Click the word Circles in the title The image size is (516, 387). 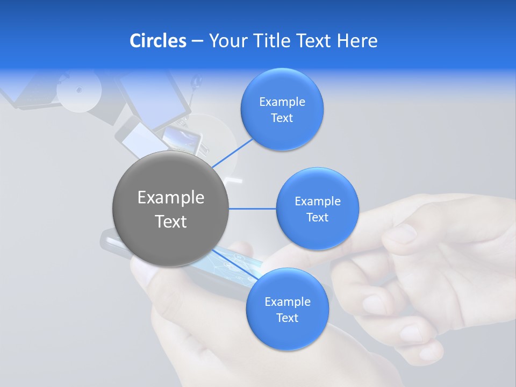click(x=158, y=41)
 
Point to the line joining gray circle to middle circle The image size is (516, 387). click(x=252, y=209)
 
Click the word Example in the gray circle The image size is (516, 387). click(x=171, y=198)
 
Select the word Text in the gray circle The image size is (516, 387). click(x=171, y=221)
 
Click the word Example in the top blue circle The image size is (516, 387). click(x=282, y=102)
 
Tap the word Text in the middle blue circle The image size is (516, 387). click(x=317, y=218)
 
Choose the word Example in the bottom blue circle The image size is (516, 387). click(x=287, y=302)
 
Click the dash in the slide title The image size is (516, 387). click(x=197, y=41)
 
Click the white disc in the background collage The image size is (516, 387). click(x=79, y=90)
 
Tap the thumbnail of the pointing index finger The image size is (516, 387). click(x=400, y=234)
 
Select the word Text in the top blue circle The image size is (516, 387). click(x=282, y=118)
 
